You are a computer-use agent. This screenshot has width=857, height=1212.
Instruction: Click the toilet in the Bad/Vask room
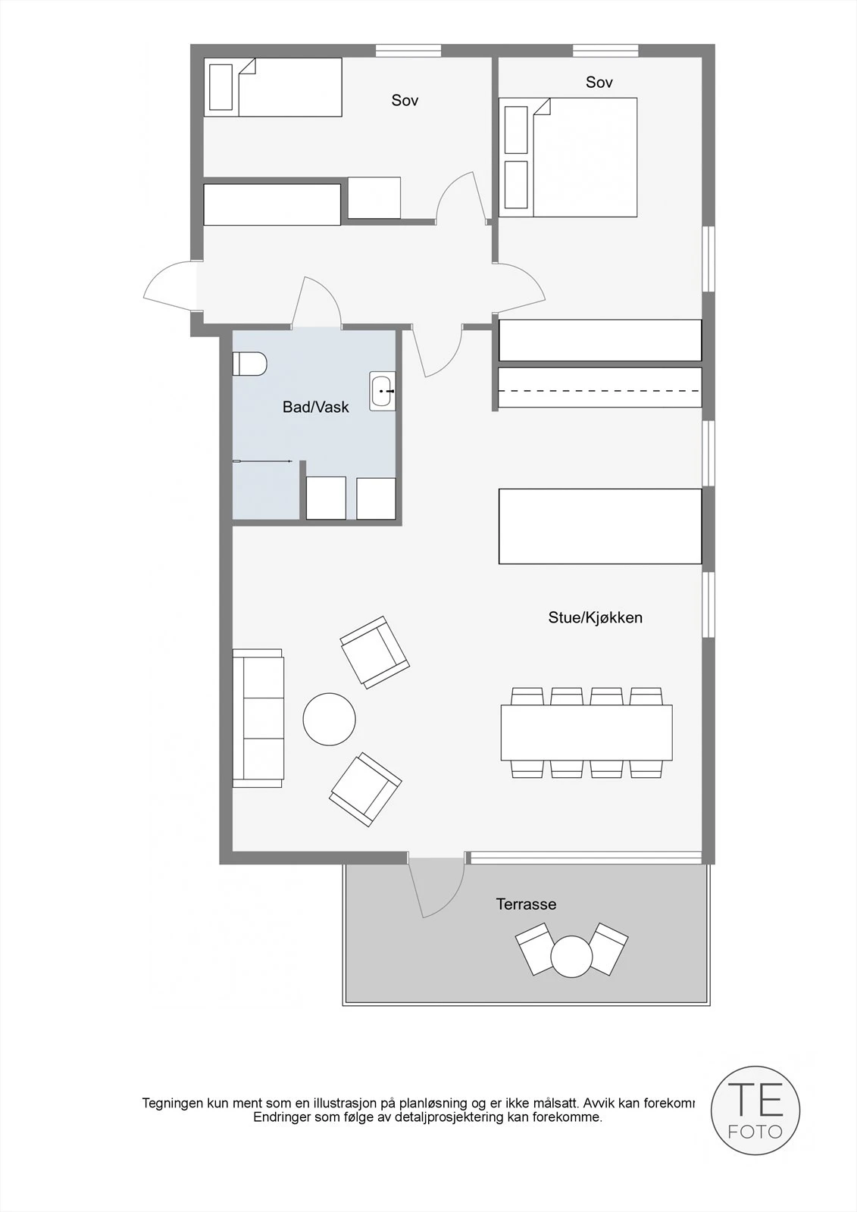249,364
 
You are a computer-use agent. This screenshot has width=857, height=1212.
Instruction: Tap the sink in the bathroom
382,392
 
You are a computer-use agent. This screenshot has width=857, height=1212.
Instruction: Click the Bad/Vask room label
315,408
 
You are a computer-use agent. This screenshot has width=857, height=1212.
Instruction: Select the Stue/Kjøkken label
595,617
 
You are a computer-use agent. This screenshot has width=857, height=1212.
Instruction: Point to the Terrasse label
526,904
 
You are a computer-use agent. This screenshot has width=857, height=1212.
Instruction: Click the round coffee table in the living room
329,720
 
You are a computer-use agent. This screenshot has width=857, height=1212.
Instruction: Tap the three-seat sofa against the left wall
258,717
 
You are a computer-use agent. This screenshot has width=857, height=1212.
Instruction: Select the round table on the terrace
571,957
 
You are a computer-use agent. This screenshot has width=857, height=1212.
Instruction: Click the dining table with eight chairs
586,733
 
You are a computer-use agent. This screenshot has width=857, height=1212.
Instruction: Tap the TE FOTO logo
755,1110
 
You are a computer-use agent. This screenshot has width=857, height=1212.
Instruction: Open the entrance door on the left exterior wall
170,286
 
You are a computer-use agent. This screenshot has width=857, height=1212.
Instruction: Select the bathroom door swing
318,303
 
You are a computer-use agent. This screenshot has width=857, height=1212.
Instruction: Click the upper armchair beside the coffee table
374,651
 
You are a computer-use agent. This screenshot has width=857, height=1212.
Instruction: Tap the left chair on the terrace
536,948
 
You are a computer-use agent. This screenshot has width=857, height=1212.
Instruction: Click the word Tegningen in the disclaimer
174,1103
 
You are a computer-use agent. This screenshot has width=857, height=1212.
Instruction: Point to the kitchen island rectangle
599,526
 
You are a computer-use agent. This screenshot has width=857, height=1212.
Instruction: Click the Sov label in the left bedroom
405,100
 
